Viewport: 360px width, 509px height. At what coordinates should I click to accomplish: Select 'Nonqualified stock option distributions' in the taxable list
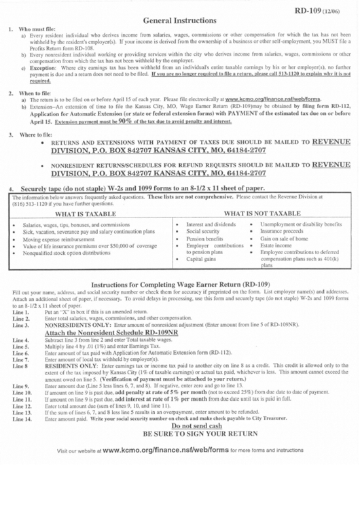75,255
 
